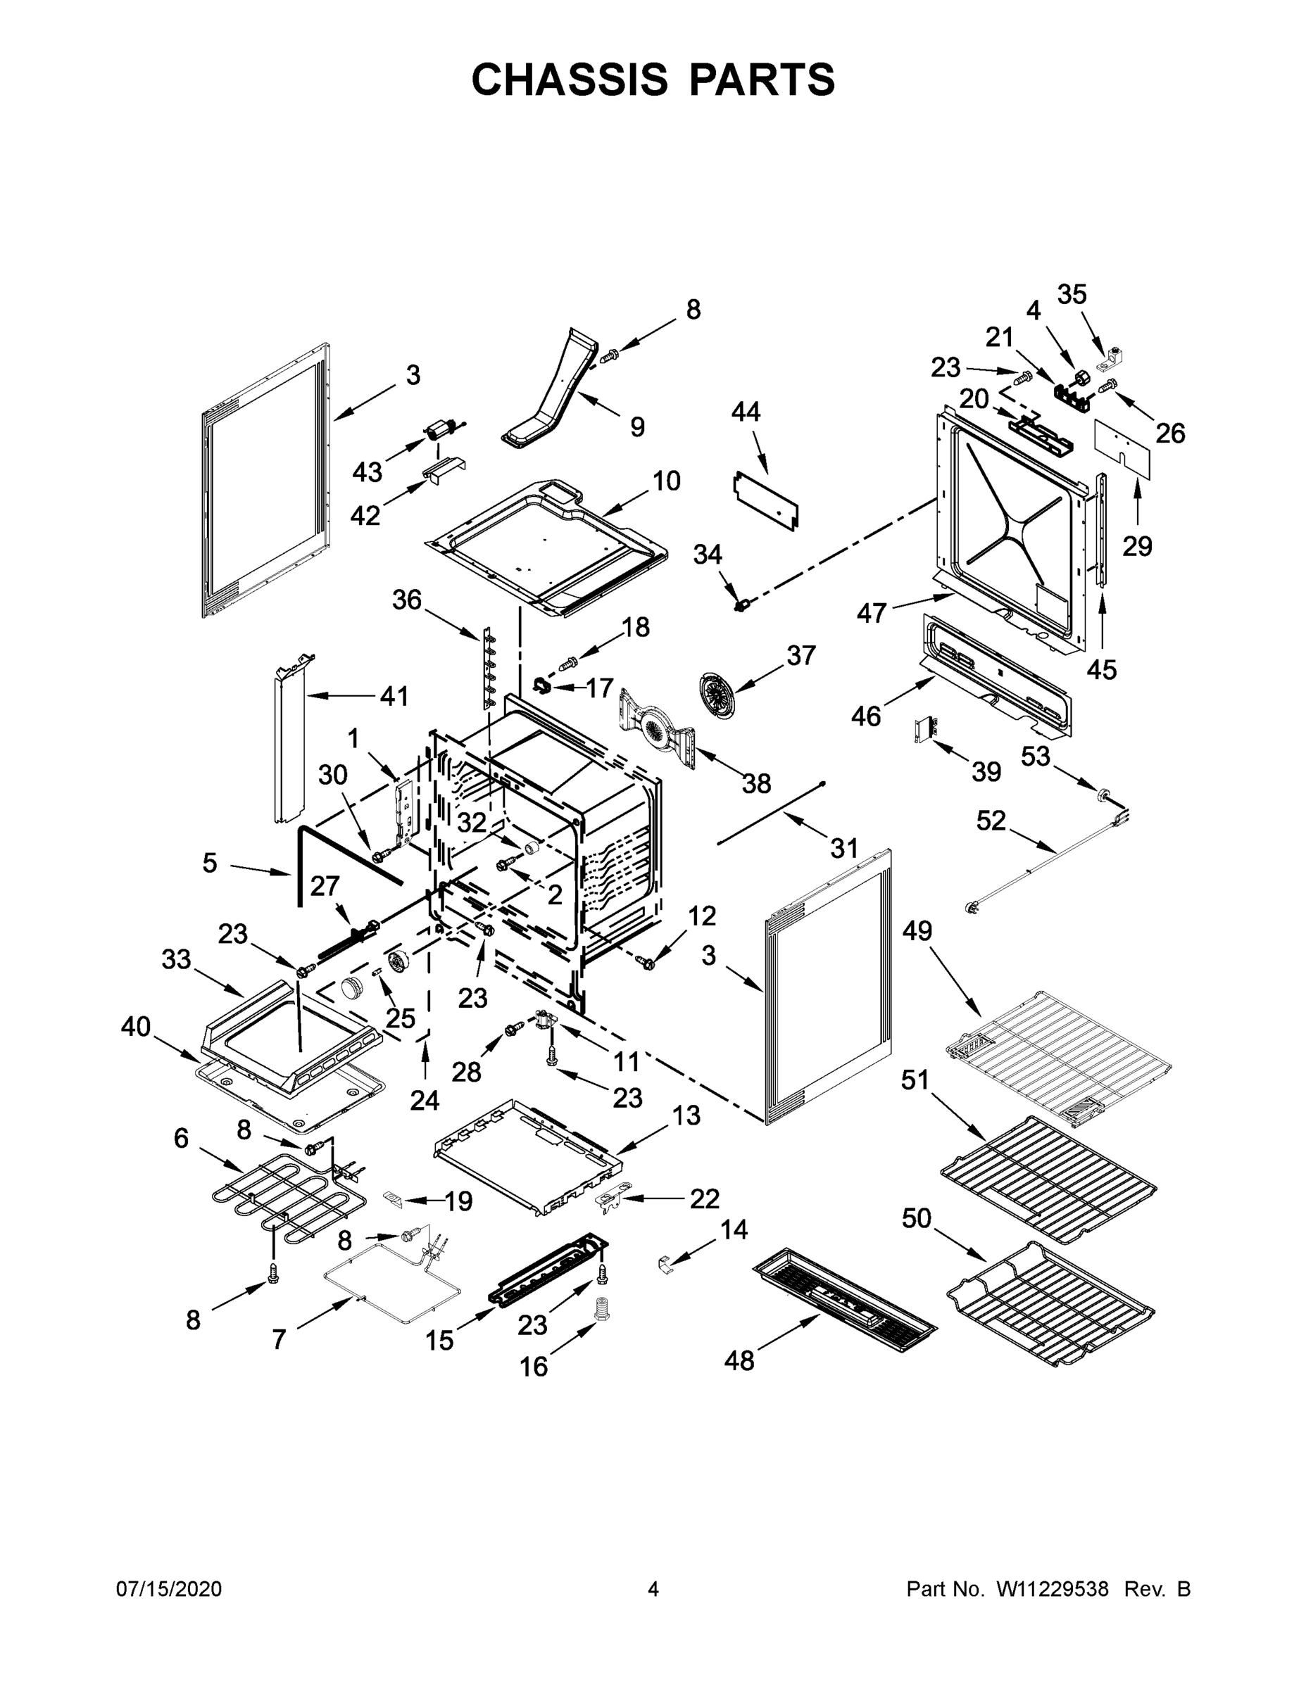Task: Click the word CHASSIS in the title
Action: tap(570, 80)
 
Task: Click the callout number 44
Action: tap(745, 412)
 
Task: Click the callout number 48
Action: tap(739, 1381)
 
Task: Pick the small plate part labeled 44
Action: tap(765, 502)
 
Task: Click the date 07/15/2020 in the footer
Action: tap(169, 1589)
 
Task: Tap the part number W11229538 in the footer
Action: tap(1053, 1589)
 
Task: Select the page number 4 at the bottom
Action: tap(653, 1589)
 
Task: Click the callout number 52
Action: tap(991, 820)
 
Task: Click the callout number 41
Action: tap(394, 696)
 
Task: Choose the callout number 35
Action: tap(1072, 294)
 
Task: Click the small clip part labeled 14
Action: tap(666, 1264)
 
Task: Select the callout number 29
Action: tap(1137, 546)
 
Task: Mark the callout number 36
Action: tap(407, 599)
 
